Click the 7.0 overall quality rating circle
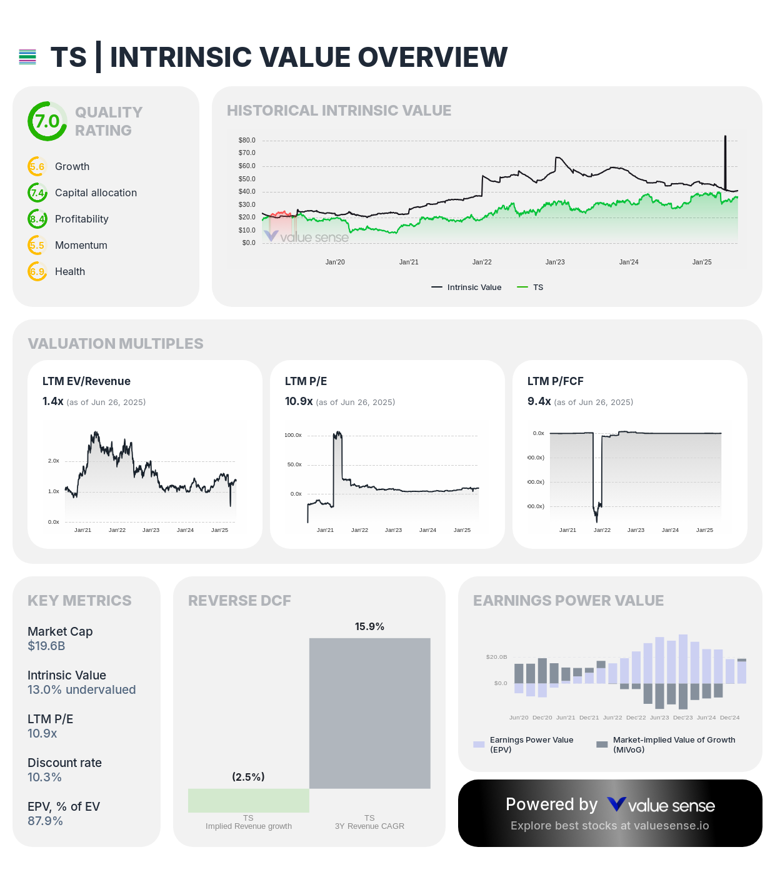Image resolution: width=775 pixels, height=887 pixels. click(x=47, y=121)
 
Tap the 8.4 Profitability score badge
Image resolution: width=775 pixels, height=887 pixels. click(x=37, y=219)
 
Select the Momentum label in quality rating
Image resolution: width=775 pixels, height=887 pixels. click(x=81, y=245)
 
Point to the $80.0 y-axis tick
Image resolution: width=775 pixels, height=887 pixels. click(x=247, y=140)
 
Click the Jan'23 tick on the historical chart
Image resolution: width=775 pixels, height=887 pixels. click(x=555, y=262)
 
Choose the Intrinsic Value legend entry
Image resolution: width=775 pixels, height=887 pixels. click(x=467, y=288)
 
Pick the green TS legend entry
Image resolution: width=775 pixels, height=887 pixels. click(x=531, y=288)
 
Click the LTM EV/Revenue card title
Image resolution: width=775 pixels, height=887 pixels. click(x=86, y=381)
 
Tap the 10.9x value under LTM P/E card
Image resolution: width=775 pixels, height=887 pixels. click(x=299, y=401)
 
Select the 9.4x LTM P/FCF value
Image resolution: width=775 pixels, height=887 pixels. click(x=539, y=401)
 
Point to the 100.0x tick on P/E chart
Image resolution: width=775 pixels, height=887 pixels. click(x=293, y=435)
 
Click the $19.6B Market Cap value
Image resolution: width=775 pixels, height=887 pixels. click(x=46, y=646)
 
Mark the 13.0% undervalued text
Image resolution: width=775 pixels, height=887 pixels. click(x=81, y=689)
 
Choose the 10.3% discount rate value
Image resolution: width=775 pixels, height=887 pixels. click(x=44, y=777)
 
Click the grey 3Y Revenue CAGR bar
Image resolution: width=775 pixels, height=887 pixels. click(x=369, y=713)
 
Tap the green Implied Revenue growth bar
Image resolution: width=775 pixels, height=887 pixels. click(x=248, y=800)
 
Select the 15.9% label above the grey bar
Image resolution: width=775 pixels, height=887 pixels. click(x=369, y=626)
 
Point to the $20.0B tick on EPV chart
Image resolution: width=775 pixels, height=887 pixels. click(x=496, y=657)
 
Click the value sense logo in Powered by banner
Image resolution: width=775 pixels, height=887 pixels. click(x=661, y=805)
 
